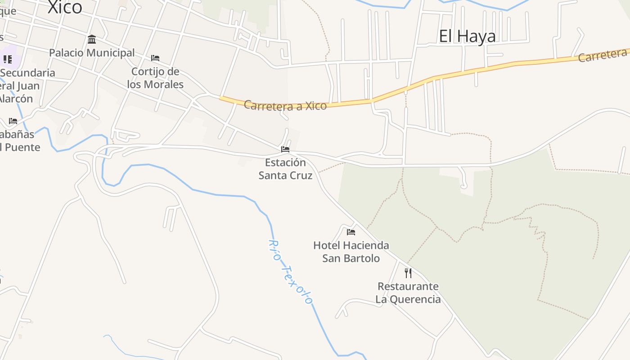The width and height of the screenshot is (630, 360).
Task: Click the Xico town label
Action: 65,7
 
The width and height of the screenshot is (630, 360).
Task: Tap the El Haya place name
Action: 467,36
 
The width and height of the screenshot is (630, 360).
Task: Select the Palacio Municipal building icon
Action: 92,39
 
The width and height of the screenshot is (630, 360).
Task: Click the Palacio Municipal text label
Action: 92,53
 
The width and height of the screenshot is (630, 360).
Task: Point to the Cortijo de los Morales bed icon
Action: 155,58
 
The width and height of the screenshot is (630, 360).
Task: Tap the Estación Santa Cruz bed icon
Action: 285,149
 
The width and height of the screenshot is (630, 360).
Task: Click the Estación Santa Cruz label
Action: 285,169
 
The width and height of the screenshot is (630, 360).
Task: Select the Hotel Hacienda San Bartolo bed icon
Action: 351,232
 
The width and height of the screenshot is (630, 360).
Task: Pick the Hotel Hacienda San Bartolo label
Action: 351,252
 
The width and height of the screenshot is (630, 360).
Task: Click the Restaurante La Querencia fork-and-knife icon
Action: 408,273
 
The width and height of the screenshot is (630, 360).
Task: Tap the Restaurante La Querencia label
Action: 408,292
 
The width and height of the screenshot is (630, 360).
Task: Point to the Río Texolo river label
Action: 290,271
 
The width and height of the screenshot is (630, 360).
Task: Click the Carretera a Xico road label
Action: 285,106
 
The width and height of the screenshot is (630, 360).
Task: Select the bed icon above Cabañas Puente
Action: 13,121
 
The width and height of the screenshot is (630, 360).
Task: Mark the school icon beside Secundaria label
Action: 8,59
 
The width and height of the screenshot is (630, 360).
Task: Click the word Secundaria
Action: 28,72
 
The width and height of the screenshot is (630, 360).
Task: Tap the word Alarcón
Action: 16,99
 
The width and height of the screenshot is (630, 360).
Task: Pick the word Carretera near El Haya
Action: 603,55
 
